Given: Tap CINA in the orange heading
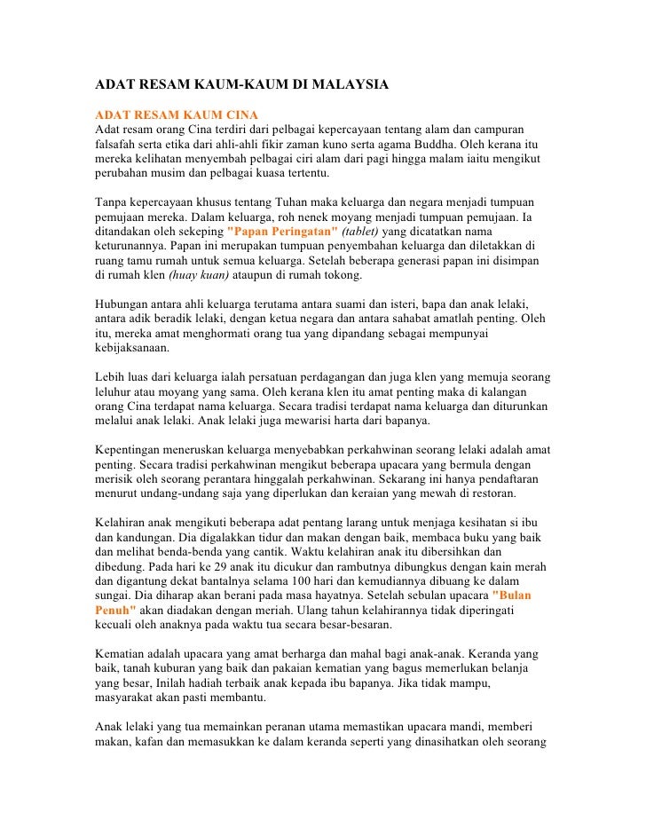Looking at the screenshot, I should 238,115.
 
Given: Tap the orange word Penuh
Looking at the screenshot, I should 115,610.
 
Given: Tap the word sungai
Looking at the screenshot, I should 114,595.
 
